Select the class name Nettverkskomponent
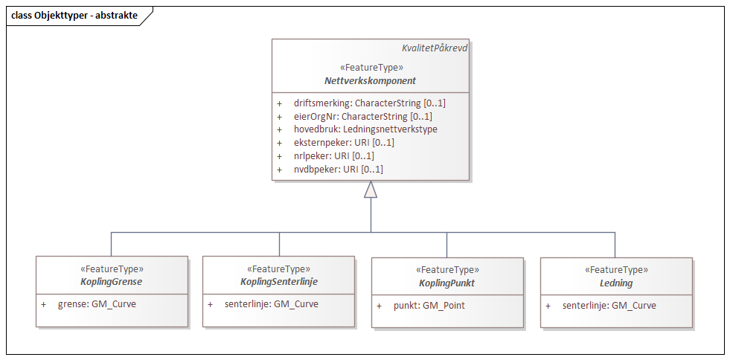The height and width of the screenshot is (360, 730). coord(370,80)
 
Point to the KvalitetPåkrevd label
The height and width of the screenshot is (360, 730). coord(435,48)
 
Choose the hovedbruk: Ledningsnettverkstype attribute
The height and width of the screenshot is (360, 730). coord(365,129)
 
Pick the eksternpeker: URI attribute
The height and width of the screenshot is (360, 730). coord(344,143)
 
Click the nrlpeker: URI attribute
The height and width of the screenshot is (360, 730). coord(333,156)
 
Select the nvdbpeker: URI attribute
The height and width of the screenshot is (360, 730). coord(338,170)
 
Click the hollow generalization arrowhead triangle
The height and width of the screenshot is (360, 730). coord(370,190)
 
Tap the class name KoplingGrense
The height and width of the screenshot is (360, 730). coord(112,283)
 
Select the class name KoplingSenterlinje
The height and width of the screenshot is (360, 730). coord(279,283)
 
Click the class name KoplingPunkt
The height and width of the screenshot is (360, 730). coord(446,283)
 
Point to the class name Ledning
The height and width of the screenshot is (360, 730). coord(615,283)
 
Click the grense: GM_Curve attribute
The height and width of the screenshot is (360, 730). coord(97,304)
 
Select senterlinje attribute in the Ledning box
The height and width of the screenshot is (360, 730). coord(609,306)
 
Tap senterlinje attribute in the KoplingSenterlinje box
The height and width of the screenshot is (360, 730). coord(271,304)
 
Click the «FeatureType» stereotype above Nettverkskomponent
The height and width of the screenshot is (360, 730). coord(371,68)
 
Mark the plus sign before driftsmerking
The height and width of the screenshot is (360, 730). coord(280,103)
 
